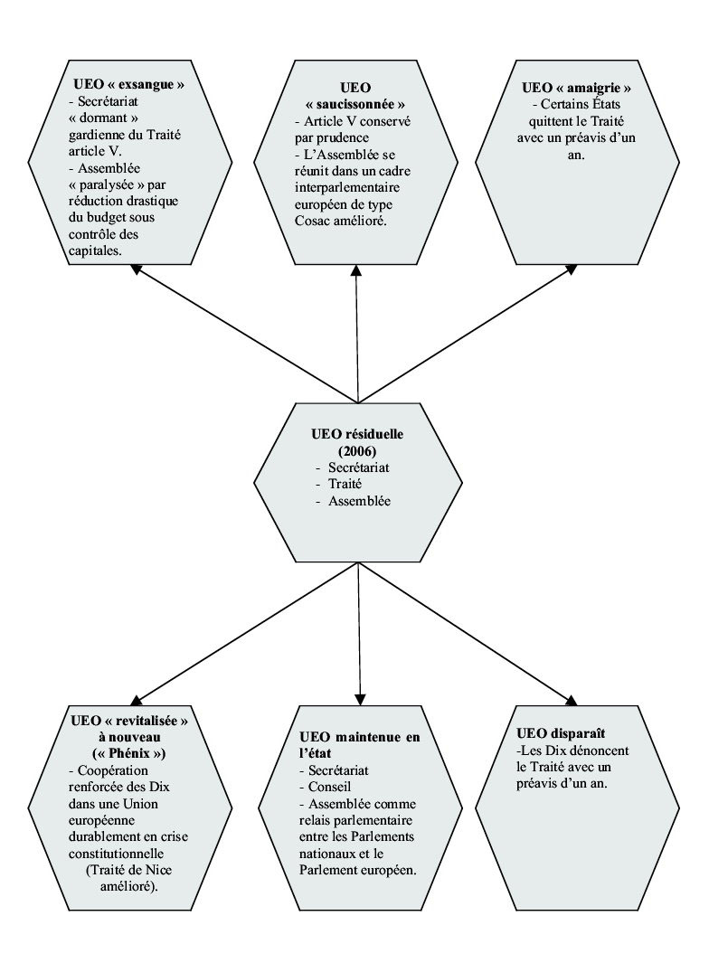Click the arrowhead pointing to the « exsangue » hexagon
click(x=136, y=269)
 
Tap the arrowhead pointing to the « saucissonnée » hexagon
click(x=357, y=269)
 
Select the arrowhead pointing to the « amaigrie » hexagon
click(x=572, y=269)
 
